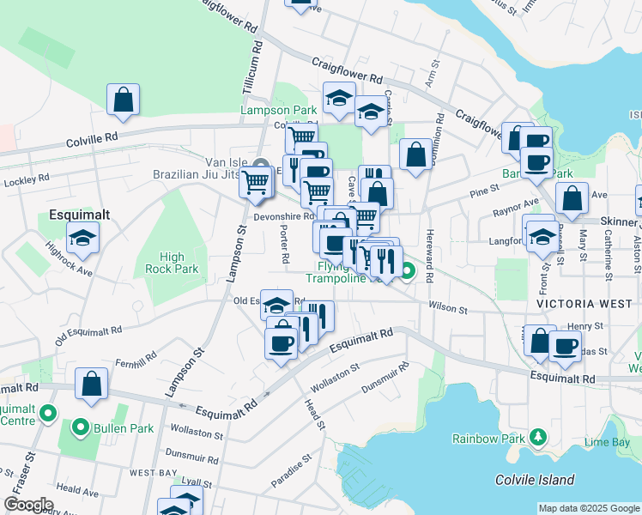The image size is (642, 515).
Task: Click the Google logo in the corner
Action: (x=28, y=505)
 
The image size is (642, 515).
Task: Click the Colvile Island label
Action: (x=535, y=480)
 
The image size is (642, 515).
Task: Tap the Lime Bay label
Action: (x=607, y=441)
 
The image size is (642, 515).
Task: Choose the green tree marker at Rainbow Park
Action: (x=538, y=438)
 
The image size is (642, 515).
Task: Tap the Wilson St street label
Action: (x=448, y=308)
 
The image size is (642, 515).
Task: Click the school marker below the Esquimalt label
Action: (x=83, y=238)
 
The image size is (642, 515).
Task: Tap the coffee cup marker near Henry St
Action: (x=564, y=346)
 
